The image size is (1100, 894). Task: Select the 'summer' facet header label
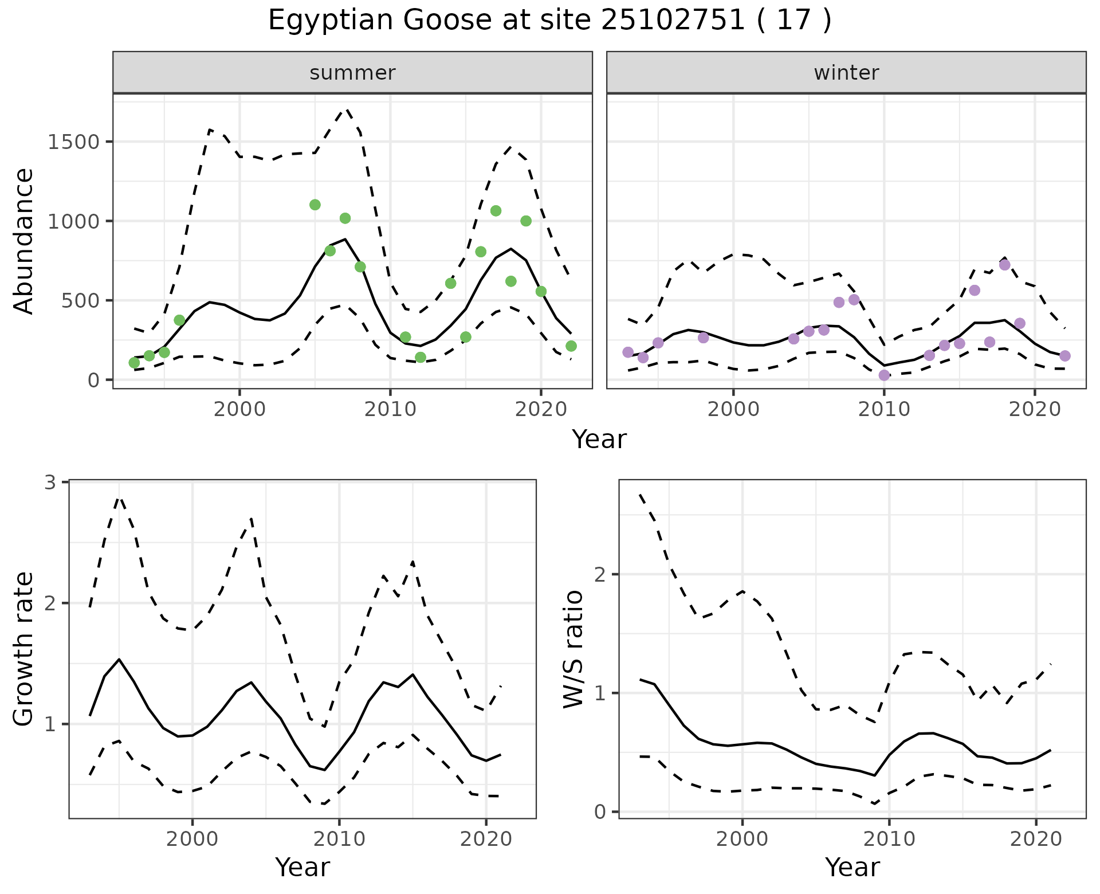pos(352,73)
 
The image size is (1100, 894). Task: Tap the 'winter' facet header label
pos(846,73)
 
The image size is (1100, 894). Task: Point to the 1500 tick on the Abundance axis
pos(73,142)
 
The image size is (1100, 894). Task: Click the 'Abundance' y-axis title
pos(24,241)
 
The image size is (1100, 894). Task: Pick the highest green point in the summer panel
pos(315,205)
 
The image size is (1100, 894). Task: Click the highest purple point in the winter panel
pos(1004,265)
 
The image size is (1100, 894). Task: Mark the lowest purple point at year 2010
pos(884,375)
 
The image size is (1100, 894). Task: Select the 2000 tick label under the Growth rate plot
pos(192,840)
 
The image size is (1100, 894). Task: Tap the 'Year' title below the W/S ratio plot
pos(852,868)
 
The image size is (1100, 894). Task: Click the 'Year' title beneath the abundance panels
pos(599,440)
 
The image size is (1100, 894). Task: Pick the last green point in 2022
pos(571,346)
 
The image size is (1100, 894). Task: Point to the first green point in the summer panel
pos(134,363)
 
